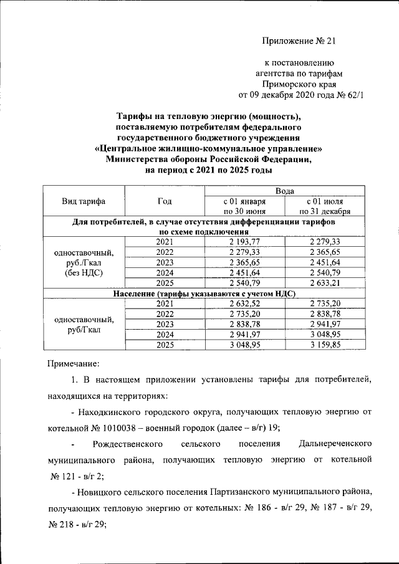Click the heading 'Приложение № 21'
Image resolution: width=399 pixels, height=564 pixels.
(x=299, y=42)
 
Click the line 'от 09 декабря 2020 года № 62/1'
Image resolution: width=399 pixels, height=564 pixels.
(x=300, y=95)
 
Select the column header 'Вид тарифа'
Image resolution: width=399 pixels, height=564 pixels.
(x=84, y=201)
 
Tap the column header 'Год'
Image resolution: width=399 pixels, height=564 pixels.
(x=165, y=201)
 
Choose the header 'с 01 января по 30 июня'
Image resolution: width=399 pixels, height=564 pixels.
(x=244, y=206)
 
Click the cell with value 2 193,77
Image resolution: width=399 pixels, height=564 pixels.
(x=244, y=242)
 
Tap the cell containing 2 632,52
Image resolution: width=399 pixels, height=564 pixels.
(x=244, y=303)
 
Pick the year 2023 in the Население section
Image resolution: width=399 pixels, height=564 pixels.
(x=165, y=324)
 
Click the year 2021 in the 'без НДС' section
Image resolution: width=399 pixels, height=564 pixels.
(x=165, y=242)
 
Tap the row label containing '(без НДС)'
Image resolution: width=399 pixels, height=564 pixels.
(x=84, y=273)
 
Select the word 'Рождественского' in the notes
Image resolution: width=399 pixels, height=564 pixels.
(x=127, y=444)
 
